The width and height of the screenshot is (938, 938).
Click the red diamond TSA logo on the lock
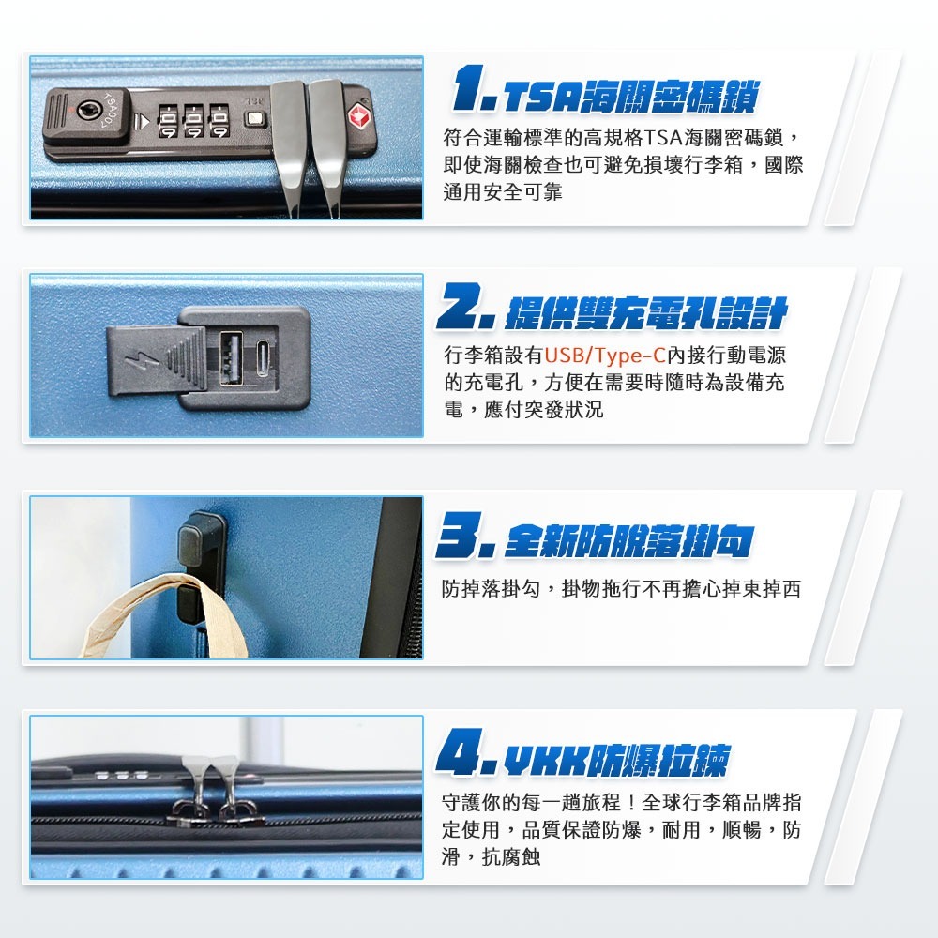360,117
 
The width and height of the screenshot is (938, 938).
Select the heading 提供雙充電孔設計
645,313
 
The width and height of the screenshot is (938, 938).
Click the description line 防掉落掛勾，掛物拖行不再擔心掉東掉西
621,589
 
